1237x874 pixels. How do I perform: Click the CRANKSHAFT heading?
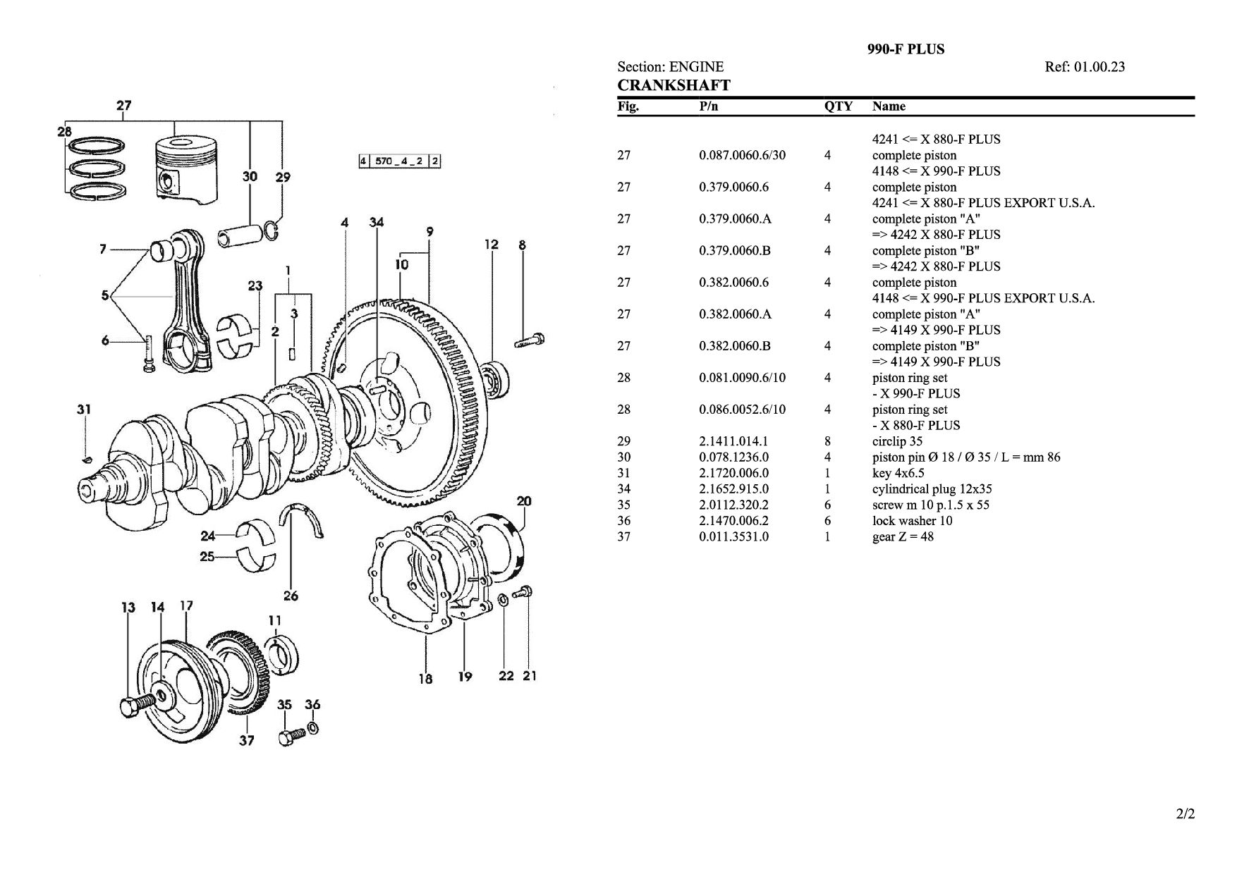(x=674, y=85)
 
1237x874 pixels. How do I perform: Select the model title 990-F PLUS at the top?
(x=906, y=49)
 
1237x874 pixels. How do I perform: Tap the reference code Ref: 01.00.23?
(x=1085, y=67)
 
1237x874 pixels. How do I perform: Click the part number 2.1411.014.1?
(x=733, y=441)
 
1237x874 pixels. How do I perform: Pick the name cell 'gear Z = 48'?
(x=903, y=536)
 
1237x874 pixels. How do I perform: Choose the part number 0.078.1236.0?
(x=733, y=457)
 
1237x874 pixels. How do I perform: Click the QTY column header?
(x=838, y=106)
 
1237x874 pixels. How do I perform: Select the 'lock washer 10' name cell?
(x=912, y=521)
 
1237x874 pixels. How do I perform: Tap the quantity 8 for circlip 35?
(x=828, y=441)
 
